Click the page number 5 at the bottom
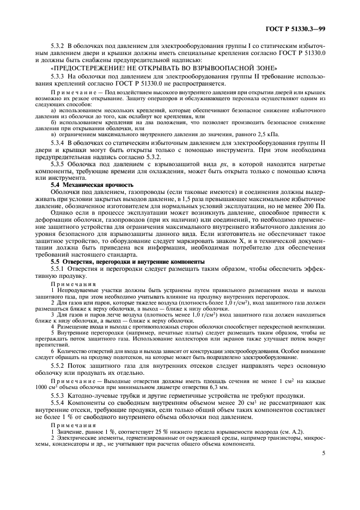coord(324,452)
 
